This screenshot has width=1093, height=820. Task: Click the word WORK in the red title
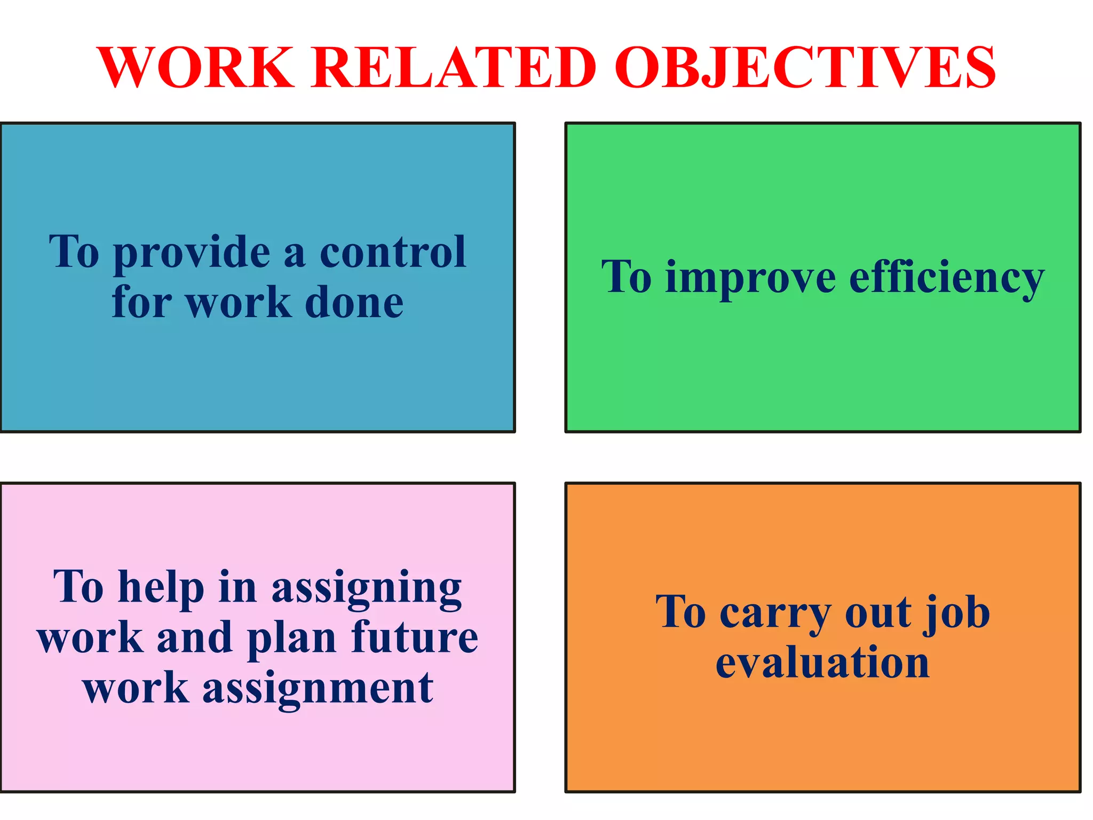click(x=195, y=68)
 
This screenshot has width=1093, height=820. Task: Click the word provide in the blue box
click(x=192, y=253)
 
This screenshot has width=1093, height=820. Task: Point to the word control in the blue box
click(x=393, y=252)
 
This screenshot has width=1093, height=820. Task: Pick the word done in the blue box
click(x=354, y=303)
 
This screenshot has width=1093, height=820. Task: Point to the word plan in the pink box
click(x=291, y=638)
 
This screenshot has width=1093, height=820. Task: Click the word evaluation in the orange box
click(x=822, y=663)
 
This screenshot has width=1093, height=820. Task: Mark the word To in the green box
click(x=627, y=278)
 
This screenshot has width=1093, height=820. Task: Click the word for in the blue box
click(x=142, y=303)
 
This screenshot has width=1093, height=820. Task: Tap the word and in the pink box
click(x=194, y=638)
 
